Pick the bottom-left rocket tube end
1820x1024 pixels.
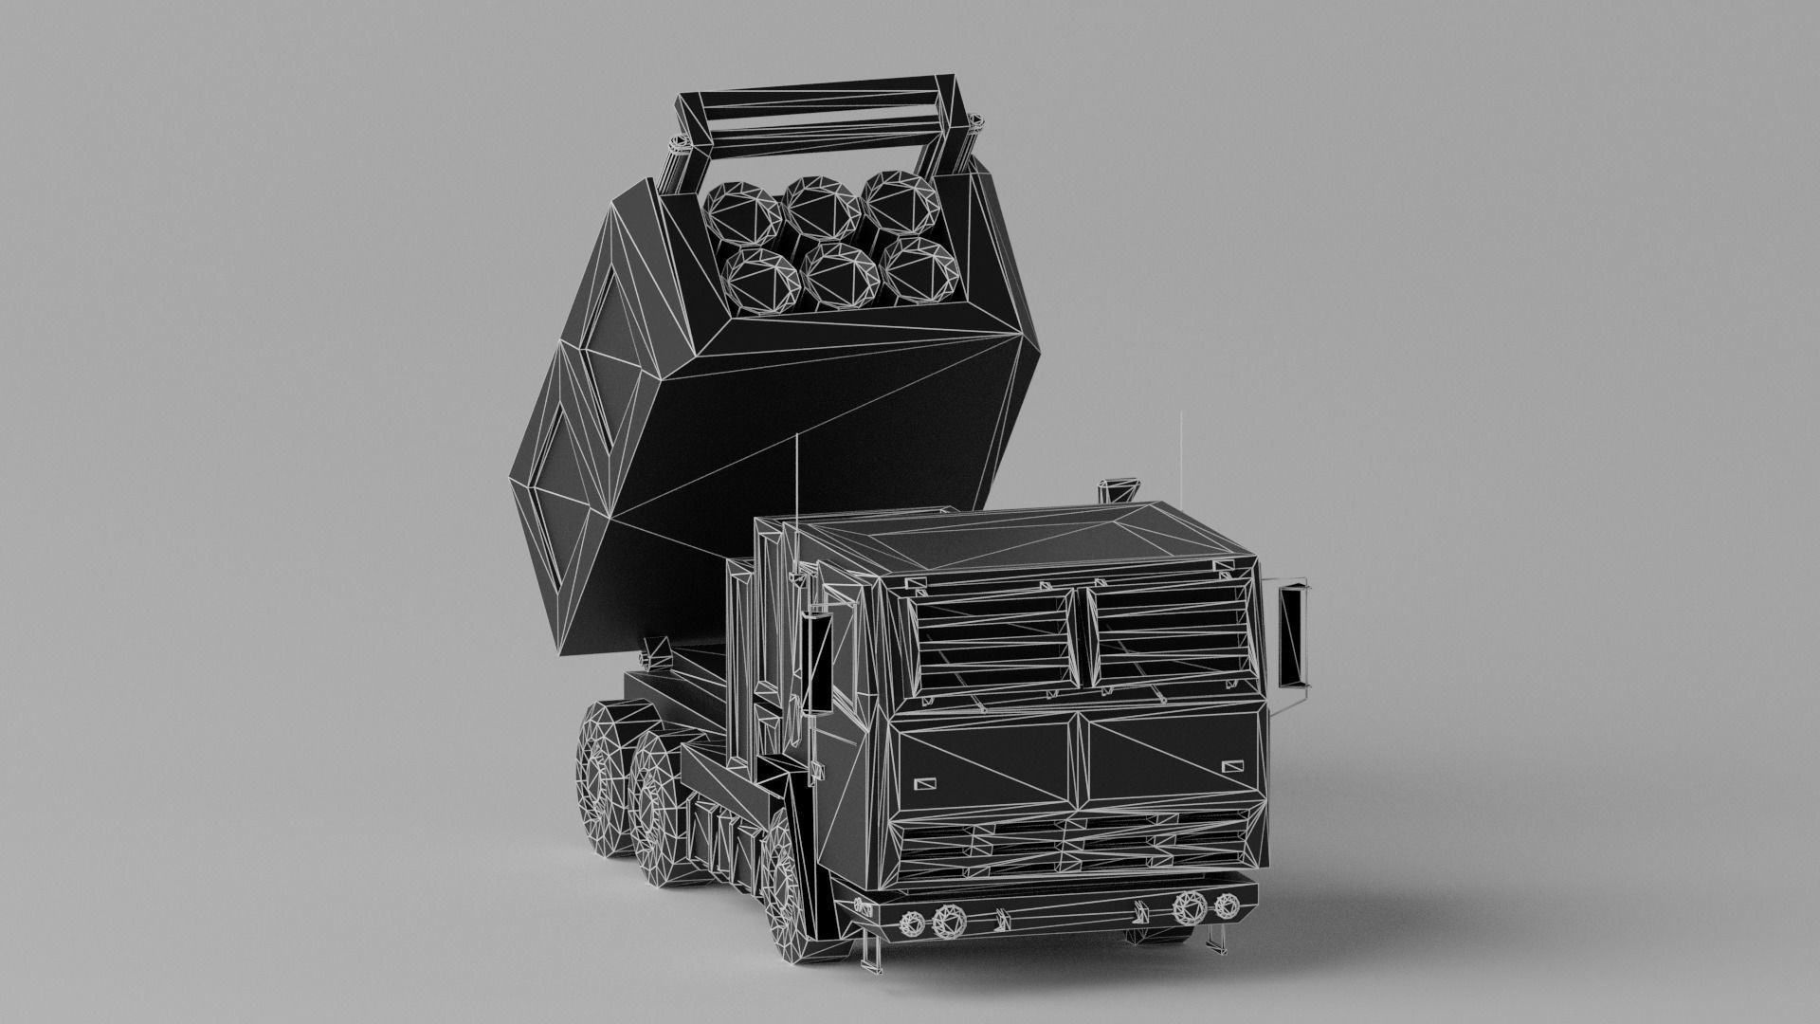758,277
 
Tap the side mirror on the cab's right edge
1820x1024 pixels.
1291,633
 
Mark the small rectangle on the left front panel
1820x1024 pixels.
924,783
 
